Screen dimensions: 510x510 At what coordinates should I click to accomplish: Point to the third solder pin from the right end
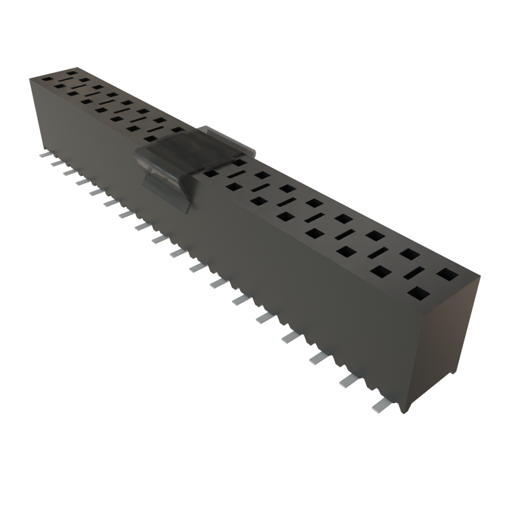click(318, 358)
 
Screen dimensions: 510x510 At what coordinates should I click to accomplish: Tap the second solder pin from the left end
click(57, 163)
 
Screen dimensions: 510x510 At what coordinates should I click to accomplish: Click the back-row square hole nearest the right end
click(448, 273)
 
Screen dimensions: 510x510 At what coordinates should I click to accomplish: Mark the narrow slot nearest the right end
click(413, 273)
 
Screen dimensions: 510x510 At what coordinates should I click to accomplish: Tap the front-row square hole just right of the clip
click(211, 174)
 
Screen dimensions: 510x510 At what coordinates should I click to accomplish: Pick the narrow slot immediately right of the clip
click(237, 175)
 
